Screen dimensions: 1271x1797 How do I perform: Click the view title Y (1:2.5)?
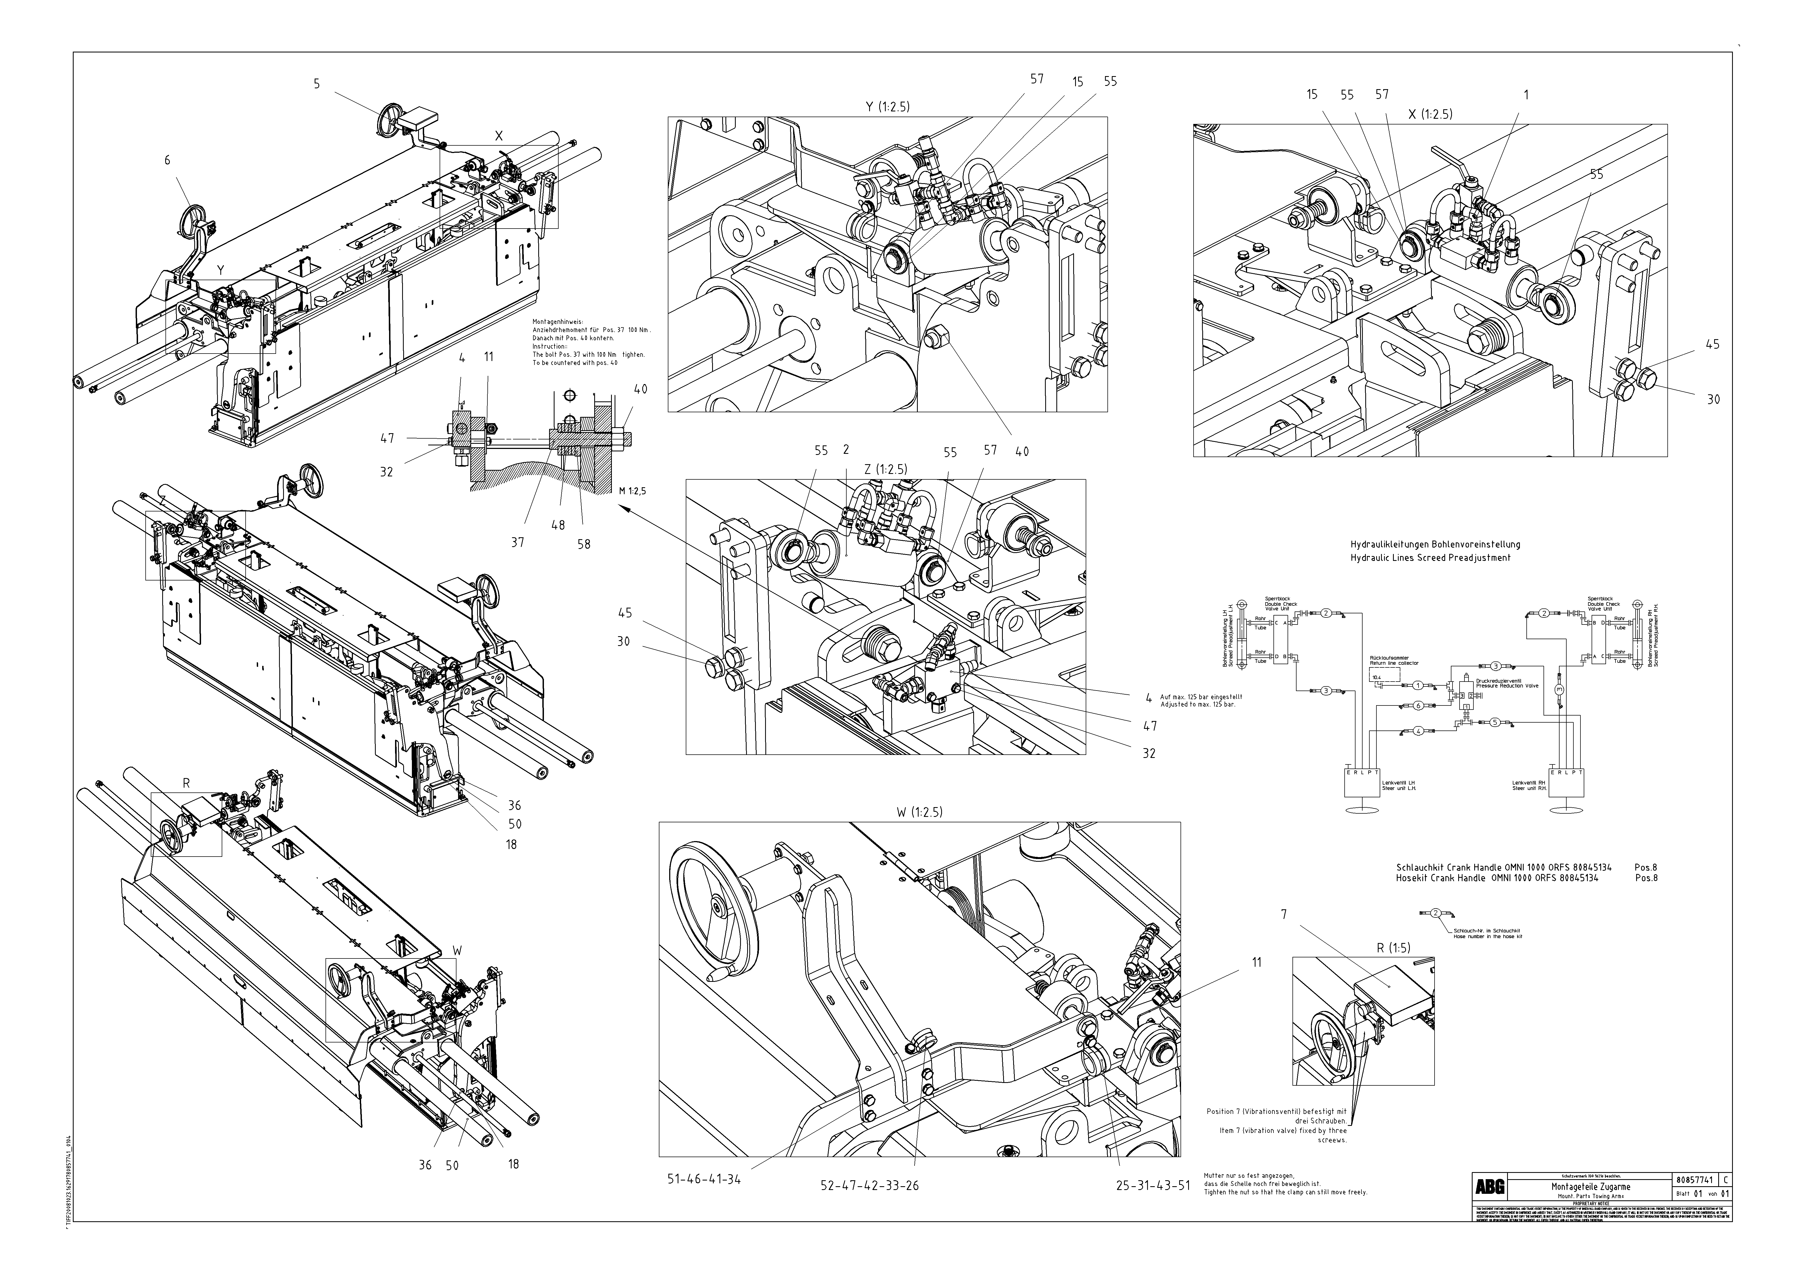click(x=888, y=107)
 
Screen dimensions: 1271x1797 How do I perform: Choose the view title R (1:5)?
click(x=1393, y=948)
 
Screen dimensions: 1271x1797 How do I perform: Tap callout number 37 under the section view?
click(x=517, y=542)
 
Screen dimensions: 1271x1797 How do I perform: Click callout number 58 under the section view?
click(x=584, y=544)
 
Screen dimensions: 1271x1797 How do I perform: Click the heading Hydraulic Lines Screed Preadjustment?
click(x=1430, y=558)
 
